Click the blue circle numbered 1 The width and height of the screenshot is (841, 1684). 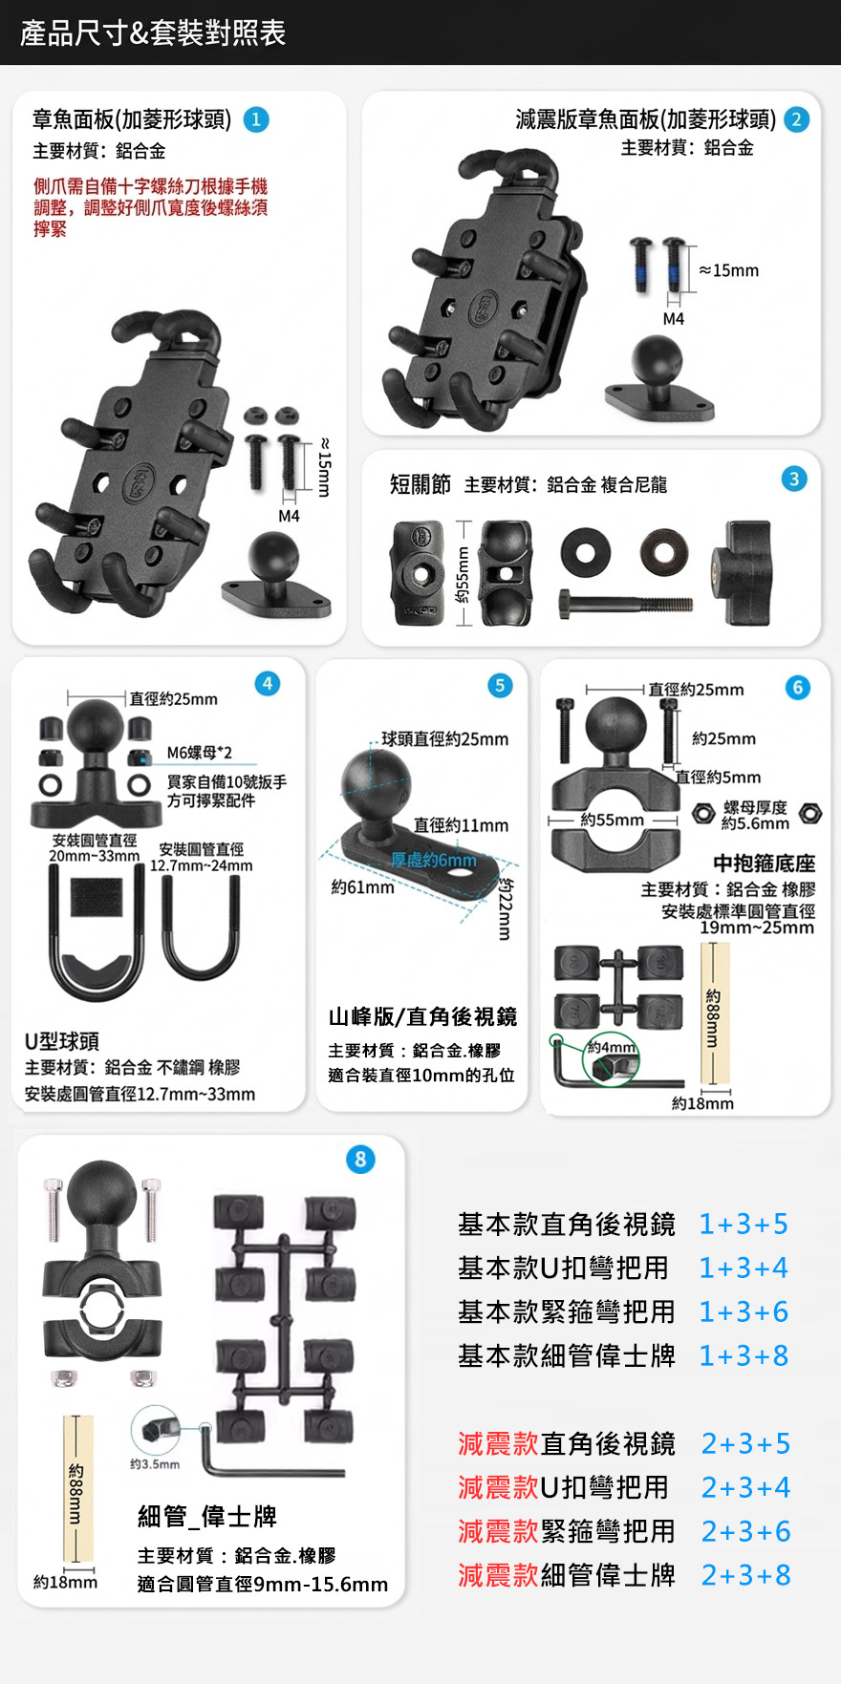[256, 119]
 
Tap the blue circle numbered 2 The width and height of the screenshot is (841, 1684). [796, 119]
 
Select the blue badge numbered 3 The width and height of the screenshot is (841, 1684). [794, 479]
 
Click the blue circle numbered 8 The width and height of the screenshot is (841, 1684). [360, 1160]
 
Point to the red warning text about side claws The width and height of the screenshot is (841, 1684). [150, 207]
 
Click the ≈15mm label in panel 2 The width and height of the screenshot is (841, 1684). [728, 270]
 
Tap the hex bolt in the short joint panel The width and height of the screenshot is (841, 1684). [625, 604]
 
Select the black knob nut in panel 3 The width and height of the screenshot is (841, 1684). [741, 572]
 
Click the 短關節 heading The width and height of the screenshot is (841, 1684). [420, 484]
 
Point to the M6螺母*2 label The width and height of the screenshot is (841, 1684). [199, 753]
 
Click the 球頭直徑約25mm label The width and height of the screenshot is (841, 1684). [444, 738]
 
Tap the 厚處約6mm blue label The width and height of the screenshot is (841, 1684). [433, 860]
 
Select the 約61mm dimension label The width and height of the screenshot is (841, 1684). [362, 887]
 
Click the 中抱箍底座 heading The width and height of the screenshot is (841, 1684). [765, 863]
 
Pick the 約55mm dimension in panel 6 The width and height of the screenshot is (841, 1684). [613, 820]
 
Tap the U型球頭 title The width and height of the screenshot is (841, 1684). [62, 1041]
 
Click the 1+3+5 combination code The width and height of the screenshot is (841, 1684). [744, 1224]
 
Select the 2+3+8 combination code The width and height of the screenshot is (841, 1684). [745, 1575]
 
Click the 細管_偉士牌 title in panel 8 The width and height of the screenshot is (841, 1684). [207, 1516]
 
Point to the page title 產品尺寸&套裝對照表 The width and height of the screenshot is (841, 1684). [153, 33]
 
